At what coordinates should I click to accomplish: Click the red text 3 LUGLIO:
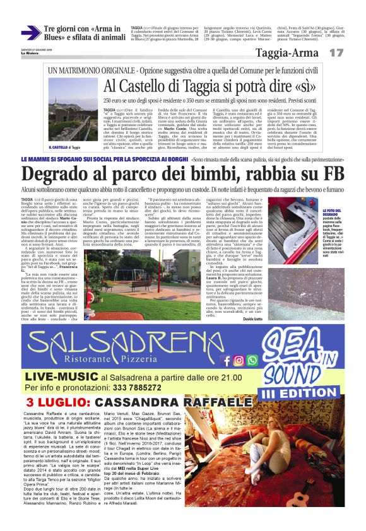point(50,403)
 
